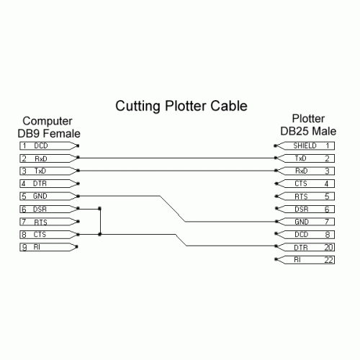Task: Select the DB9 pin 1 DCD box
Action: click(48, 146)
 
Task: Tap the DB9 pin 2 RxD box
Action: click(48, 158)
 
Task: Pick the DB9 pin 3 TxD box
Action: click(48, 171)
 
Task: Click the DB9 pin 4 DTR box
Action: click(48, 184)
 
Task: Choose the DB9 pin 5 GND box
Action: click(48, 196)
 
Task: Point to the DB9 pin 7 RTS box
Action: click(48, 222)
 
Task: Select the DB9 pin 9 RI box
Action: click(48, 247)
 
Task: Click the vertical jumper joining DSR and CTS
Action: click(100, 222)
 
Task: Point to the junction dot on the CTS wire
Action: click(100, 234)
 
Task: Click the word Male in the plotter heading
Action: click(324, 131)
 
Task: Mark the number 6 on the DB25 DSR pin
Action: click(327, 210)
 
